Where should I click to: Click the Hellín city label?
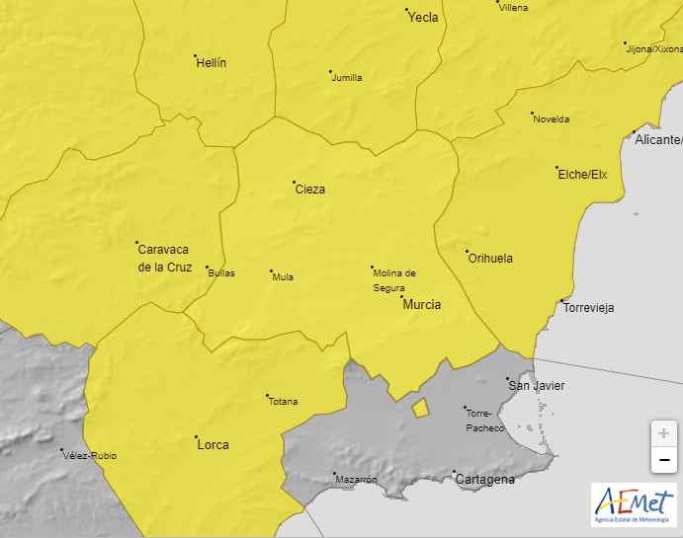[x=212, y=62]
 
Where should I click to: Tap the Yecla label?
[x=423, y=17]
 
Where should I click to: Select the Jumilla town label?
[x=347, y=78]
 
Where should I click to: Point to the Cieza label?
[x=309, y=189]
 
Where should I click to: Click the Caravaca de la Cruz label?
[x=164, y=258]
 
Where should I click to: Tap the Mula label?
[x=283, y=277]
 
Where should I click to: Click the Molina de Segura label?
[x=394, y=280]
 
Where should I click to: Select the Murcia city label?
[x=422, y=305]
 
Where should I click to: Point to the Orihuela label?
[x=489, y=258]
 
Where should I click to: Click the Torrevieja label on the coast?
[x=588, y=307]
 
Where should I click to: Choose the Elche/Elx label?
[x=582, y=175]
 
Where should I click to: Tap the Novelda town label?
[x=551, y=119]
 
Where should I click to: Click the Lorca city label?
[x=213, y=444]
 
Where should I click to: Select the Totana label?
[x=283, y=402]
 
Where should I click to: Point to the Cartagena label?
[x=484, y=480]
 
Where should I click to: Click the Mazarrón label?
[x=357, y=480]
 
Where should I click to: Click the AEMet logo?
[x=634, y=504]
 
